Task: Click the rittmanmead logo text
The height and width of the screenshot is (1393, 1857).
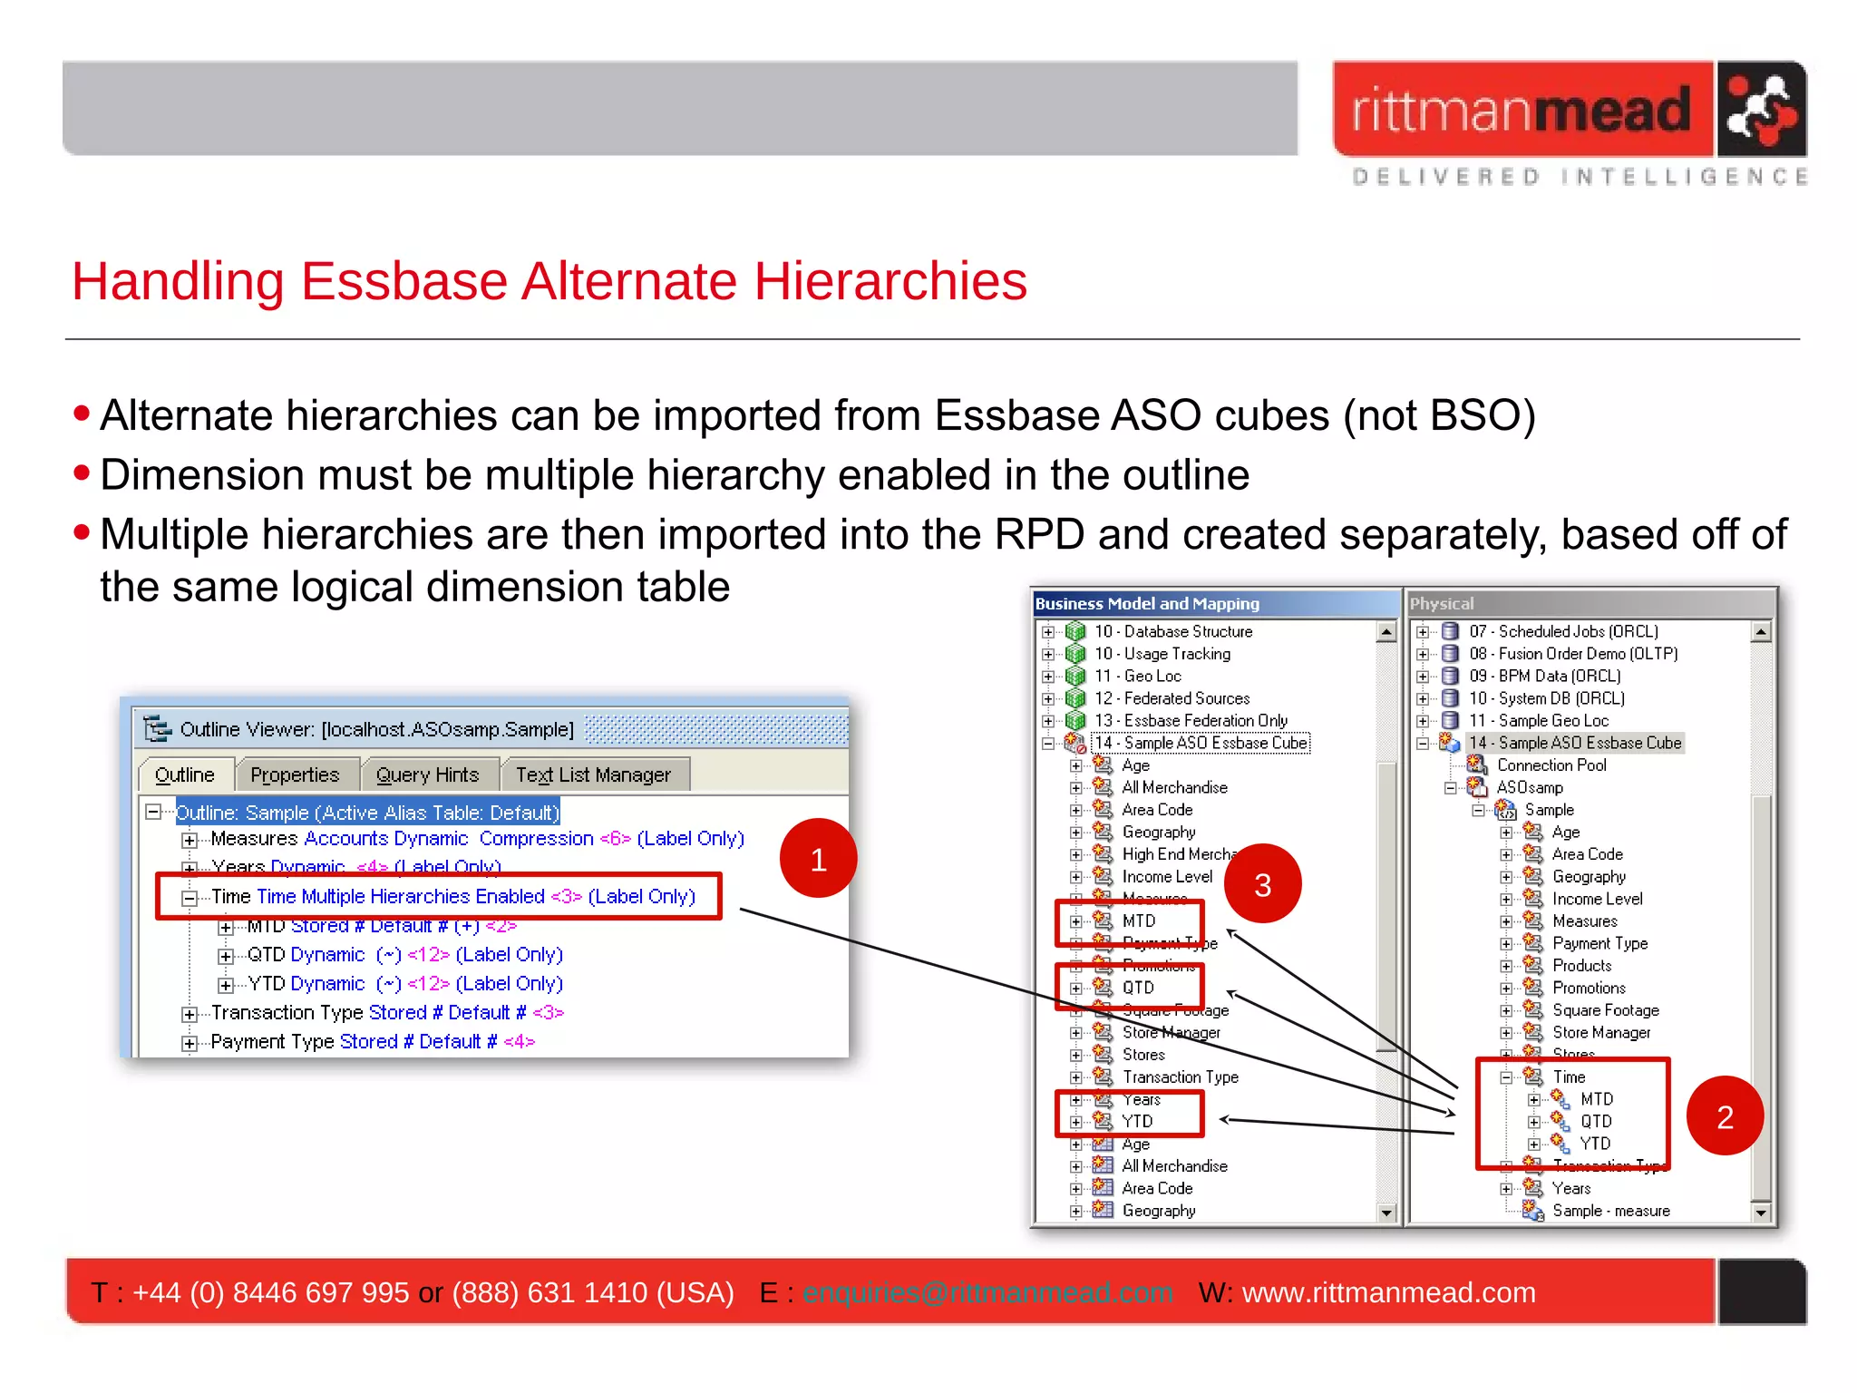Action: coord(1521,111)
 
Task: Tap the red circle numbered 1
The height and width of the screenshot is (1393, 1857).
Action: coord(818,859)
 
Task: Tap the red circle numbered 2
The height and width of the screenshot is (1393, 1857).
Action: coord(1725,1116)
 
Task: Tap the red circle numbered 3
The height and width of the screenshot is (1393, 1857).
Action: coord(1262,884)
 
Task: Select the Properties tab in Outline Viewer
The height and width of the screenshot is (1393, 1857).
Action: coord(295,775)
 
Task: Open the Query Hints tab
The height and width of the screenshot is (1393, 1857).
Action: coord(427,775)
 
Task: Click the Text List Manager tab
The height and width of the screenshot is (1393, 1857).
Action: coord(593,775)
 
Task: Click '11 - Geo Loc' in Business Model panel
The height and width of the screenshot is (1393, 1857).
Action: coord(1138,676)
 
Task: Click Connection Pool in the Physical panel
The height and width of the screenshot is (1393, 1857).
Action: coord(1551,765)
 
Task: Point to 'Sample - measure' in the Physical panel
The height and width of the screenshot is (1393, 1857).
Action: coord(1610,1211)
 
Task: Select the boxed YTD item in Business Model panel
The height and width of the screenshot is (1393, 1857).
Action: coord(1137,1122)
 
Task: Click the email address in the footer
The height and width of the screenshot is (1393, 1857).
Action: coord(987,1292)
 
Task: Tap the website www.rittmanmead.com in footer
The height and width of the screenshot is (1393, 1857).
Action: coord(1388,1292)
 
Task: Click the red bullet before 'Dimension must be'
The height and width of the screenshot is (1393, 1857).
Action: coord(83,472)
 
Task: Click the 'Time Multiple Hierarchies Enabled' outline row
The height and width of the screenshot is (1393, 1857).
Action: coord(452,897)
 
